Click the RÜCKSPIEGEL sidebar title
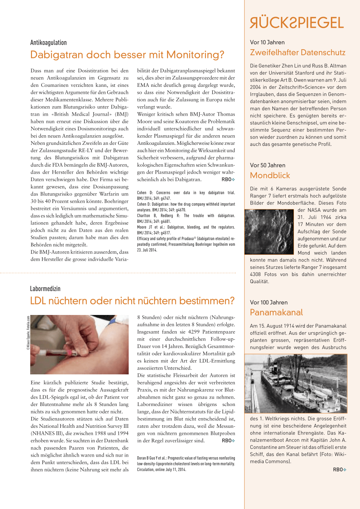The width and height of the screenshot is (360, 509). [296, 23]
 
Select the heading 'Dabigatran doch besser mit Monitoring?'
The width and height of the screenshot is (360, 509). [127, 55]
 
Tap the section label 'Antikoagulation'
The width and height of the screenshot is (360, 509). [49, 43]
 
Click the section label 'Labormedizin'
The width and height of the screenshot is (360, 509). [45, 289]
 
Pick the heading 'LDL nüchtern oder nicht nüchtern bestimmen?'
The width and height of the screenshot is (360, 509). [132, 301]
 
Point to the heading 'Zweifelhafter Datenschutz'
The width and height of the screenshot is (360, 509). [297, 52]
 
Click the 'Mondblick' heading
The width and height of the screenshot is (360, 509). [270, 175]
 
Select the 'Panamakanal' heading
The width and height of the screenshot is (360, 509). [276, 312]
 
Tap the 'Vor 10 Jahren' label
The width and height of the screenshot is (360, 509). [267, 42]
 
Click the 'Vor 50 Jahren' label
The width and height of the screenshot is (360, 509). [268, 165]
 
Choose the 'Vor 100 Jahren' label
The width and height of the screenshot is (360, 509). [269, 302]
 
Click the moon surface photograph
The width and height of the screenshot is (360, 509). [269, 232]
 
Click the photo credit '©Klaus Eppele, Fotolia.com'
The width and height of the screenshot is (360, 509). [28, 333]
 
